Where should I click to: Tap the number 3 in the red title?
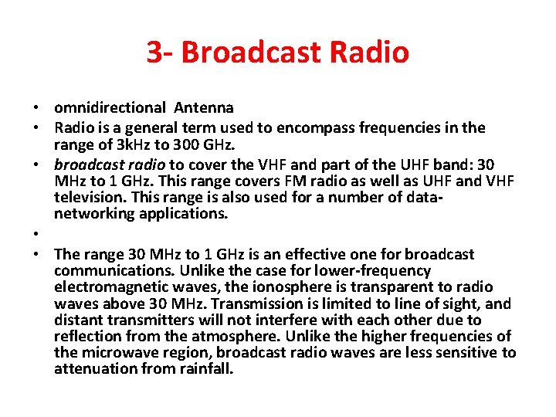155,52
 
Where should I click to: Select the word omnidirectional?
110,108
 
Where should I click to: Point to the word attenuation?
95,369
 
